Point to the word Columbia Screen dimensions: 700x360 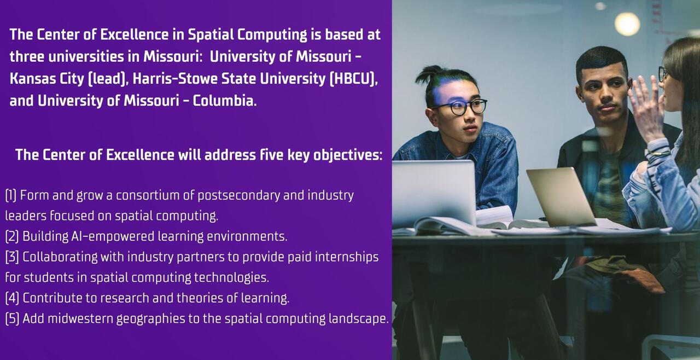point(225,101)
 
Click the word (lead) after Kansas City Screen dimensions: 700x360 point(108,78)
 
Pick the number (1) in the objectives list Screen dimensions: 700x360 point(11,195)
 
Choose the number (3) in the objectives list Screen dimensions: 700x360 point(12,257)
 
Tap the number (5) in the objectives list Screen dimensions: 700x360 point(12,318)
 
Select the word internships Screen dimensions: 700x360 point(347,257)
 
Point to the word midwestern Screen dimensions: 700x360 point(80,319)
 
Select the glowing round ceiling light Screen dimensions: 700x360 point(627,24)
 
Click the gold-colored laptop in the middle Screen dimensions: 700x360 point(561,196)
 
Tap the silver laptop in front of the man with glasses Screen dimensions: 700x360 point(434,192)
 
